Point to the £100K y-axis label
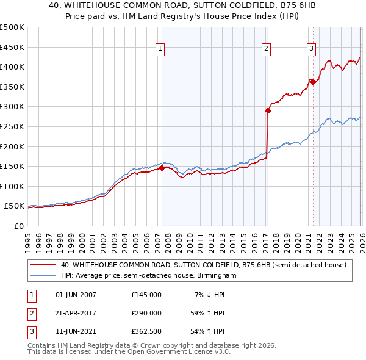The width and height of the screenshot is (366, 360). click(12, 186)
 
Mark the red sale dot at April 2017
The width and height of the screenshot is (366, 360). click(268, 110)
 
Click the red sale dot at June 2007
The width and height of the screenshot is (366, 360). click(162, 168)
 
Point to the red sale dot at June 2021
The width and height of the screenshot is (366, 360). click(312, 82)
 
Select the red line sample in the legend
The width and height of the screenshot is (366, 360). click(43, 265)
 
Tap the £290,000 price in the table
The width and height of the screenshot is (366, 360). click(146, 313)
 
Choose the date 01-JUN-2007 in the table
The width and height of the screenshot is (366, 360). click(76, 295)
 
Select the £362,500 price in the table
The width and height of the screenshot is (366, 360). click(146, 331)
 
